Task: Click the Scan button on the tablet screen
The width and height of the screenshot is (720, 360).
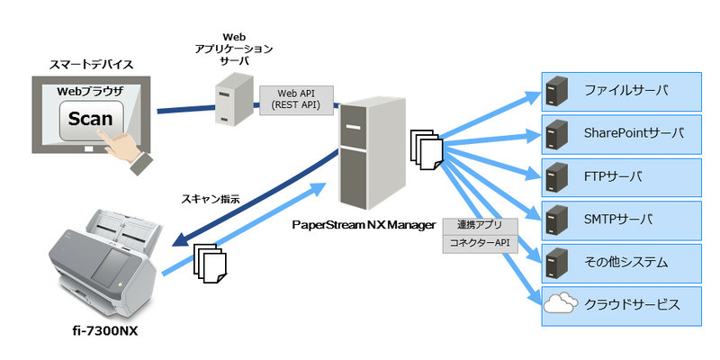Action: pyautogui.click(x=90, y=120)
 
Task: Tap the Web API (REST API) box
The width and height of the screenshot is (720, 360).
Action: pyautogui.click(x=296, y=99)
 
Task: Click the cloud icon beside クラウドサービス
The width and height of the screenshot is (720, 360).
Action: pyautogui.click(x=560, y=305)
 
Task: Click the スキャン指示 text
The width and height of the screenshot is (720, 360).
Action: pyautogui.click(x=211, y=199)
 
